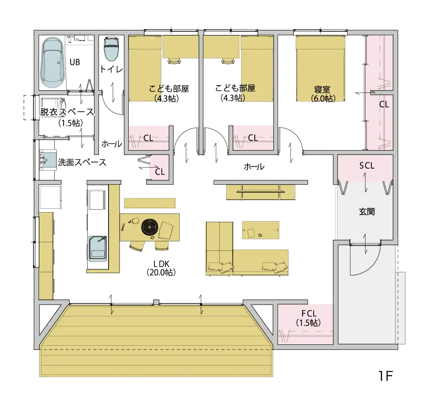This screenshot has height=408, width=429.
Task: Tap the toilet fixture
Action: [112, 49]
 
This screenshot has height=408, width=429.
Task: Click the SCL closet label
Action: [367, 166]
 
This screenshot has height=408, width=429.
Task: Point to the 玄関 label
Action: [367, 211]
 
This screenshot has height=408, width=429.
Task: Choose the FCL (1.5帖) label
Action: [309, 318]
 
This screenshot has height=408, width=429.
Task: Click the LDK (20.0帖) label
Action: [161, 268]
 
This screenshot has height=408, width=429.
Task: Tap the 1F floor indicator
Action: [386, 376]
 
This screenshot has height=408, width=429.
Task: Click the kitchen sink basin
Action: [97, 248]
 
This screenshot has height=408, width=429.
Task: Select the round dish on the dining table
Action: [150, 227]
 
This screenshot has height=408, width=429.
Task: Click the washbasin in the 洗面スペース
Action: [48, 160]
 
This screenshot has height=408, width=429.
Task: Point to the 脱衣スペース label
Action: [67, 112]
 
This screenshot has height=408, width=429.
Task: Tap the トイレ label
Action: [112, 69]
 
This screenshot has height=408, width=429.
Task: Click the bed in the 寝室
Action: [320, 69]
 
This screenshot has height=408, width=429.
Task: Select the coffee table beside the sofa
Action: [260, 230]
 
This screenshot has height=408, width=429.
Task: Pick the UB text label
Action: [75, 62]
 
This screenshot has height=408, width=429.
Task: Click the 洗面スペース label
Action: [82, 162]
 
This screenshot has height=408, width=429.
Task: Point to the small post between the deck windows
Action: [156, 302]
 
